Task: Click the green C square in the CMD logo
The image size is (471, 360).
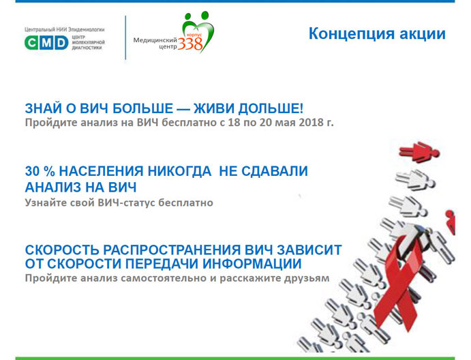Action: (31, 42)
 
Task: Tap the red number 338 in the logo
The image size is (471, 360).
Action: (190, 44)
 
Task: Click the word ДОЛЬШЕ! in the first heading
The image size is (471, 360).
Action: (271, 108)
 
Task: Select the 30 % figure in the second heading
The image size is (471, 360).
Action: (40, 171)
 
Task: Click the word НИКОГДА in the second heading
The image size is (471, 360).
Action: (179, 171)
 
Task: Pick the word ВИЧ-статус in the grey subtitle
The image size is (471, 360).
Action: (126, 202)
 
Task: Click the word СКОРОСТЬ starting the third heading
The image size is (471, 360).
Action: (62, 250)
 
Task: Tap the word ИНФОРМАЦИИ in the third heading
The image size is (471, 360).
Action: (252, 264)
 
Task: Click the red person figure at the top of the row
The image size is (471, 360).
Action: (419, 151)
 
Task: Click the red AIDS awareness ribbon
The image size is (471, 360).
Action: (398, 280)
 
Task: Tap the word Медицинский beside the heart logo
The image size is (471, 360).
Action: (155, 40)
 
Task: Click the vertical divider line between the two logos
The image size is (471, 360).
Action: (125, 37)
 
